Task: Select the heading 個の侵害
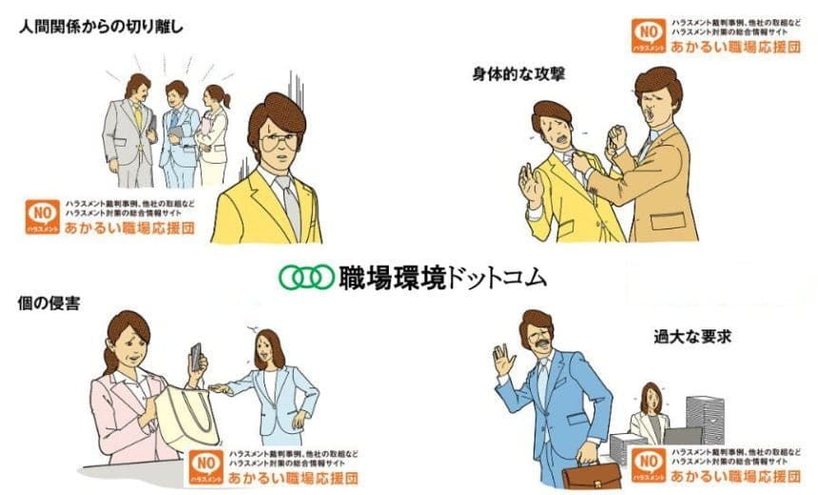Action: coord(47,303)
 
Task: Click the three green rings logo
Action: coord(306,277)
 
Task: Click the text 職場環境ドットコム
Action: coord(442,277)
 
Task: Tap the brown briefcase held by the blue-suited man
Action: coord(591,476)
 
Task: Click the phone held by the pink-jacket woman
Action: coord(197,356)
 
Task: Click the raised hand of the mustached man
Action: coord(502,359)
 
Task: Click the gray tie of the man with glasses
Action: coord(291,205)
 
